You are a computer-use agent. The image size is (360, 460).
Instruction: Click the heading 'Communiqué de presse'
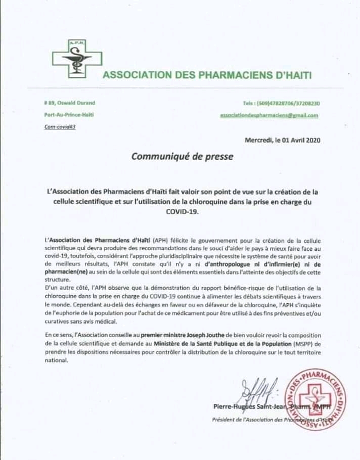[x=182, y=156]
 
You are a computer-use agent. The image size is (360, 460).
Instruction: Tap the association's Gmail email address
[x=269, y=115]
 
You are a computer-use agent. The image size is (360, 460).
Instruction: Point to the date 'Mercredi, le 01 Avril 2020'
[x=282, y=140]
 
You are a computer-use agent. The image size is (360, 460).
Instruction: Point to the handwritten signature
[x=256, y=390]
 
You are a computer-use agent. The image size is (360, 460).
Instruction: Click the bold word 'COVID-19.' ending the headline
[x=182, y=213]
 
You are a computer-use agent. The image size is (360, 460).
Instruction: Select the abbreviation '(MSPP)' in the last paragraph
[x=298, y=343]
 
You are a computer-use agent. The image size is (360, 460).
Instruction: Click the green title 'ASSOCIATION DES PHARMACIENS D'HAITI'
[x=207, y=75]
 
